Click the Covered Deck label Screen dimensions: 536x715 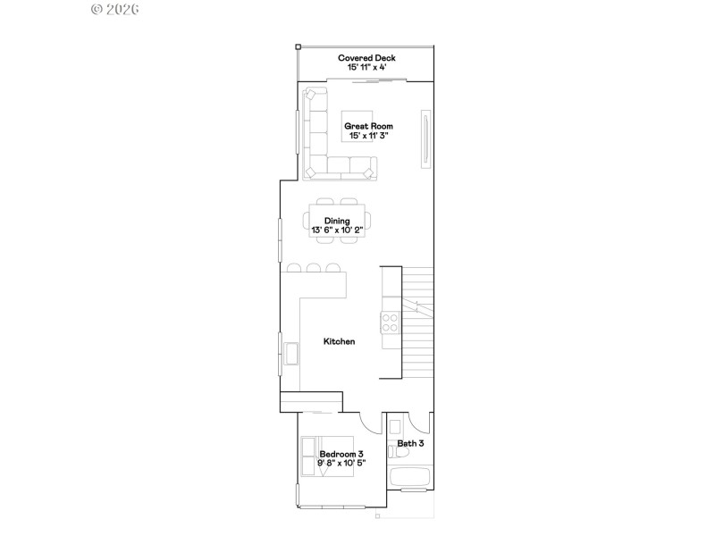pyautogui.click(x=366, y=58)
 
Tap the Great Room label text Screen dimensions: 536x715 pyautogui.click(x=368, y=126)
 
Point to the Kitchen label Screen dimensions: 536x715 pyautogui.click(x=340, y=341)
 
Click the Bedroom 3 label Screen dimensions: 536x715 pyautogui.click(x=341, y=454)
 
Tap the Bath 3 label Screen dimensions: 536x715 pyautogui.click(x=410, y=443)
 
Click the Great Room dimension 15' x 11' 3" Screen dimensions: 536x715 pyautogui.click(x=368, y=136)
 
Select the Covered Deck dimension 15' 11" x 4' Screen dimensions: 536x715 pyautogui.click(x=366, y=67)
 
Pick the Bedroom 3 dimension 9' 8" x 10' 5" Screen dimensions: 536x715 pyautogui.click(x=341, y=464)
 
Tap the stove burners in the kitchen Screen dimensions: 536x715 pyautogui.click(x=391, y=322)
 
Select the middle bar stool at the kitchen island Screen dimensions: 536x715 pyautogui.click(x=313, y=267)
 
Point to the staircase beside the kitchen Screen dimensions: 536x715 pyautogui.click(x=416, y=322)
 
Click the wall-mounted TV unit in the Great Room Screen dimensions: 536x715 pyautogui.click(x=426, y=138)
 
